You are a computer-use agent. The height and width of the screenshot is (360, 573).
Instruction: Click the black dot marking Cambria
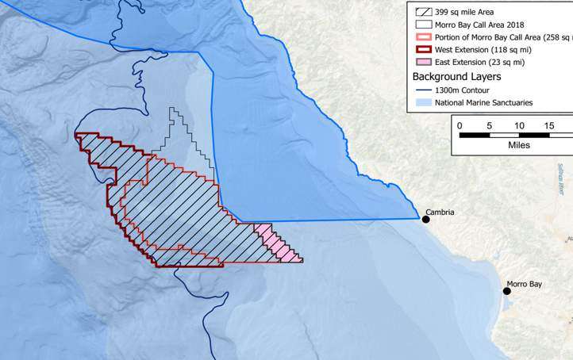tap(426, 219)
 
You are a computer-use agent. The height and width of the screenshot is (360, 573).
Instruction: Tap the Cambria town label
tap(441, 212)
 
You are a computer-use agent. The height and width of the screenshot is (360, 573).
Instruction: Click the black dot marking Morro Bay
tap(506, 291)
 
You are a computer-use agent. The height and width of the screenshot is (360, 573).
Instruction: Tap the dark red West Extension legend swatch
tap(421, 49)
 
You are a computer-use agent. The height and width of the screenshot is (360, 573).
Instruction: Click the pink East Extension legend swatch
tap(421, 62)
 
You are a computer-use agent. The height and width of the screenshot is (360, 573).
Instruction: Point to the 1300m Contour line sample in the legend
tap(421, 90)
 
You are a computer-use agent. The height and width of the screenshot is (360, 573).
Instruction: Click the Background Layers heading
tap(456, 76)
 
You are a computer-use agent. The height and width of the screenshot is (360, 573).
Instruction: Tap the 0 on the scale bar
tap(460, 125)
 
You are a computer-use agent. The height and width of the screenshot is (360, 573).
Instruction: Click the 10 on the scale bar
tap(519, 125)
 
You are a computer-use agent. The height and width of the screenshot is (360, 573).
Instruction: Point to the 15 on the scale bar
tap(548, 125)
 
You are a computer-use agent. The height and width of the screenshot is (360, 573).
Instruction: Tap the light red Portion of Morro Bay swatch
tap(421, 36)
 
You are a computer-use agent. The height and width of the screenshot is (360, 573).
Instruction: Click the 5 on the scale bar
tap(490, 125)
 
